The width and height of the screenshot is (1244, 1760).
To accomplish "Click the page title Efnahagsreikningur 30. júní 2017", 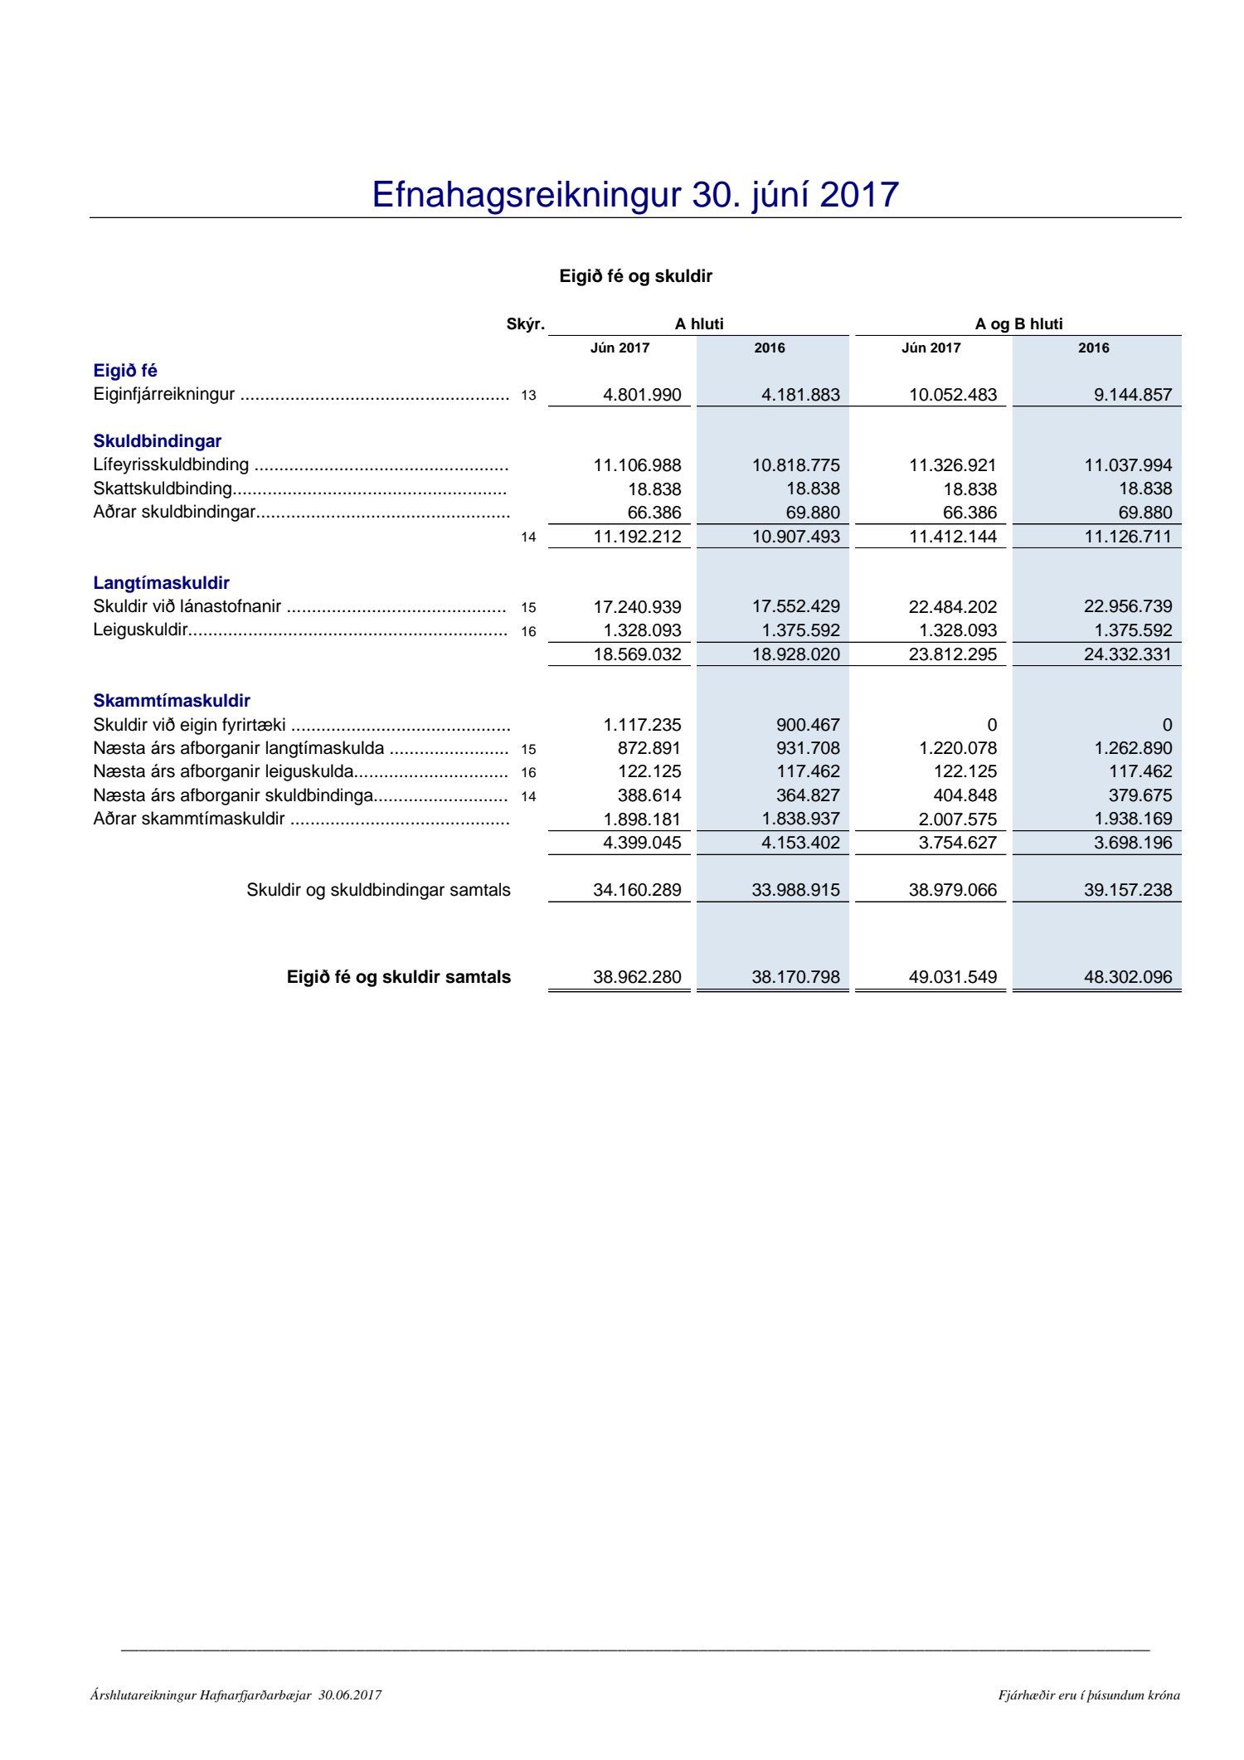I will pos(634,195).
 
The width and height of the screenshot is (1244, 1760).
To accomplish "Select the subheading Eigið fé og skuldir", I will pos(635,276).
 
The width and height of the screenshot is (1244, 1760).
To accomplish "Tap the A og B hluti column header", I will pos(1018,324).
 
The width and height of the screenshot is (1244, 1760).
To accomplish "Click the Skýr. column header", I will pos(525,324).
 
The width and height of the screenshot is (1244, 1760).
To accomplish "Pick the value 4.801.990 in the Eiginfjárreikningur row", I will pos(642,395).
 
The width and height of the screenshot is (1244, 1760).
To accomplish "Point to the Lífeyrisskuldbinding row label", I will pos(171,464).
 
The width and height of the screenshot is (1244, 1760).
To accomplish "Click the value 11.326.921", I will pos(952,465).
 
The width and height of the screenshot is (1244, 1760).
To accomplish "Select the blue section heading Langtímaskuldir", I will pos(161,583).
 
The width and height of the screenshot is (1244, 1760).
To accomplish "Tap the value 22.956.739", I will pos(1127,606).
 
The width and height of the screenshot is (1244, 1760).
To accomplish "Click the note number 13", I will pos(528,396).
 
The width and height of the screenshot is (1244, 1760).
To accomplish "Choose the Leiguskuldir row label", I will pos(140,630).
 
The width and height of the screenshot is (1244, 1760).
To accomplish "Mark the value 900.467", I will pos(808,725).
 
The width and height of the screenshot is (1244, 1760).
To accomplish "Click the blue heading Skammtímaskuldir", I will pos(172,701).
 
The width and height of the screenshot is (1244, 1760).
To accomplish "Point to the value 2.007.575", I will pos(957,819).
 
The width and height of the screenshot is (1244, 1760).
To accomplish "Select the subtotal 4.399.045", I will pos(642,843).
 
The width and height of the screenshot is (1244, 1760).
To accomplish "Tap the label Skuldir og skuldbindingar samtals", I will pos(378,890).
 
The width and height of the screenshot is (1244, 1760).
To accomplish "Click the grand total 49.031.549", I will pos(952,977).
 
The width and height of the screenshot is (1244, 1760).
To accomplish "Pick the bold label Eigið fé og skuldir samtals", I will pos(399,977).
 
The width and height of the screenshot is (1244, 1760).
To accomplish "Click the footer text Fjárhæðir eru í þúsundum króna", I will pos(1088,1695).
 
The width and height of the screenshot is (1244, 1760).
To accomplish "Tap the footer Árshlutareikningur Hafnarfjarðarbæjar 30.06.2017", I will pos(236,1695).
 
